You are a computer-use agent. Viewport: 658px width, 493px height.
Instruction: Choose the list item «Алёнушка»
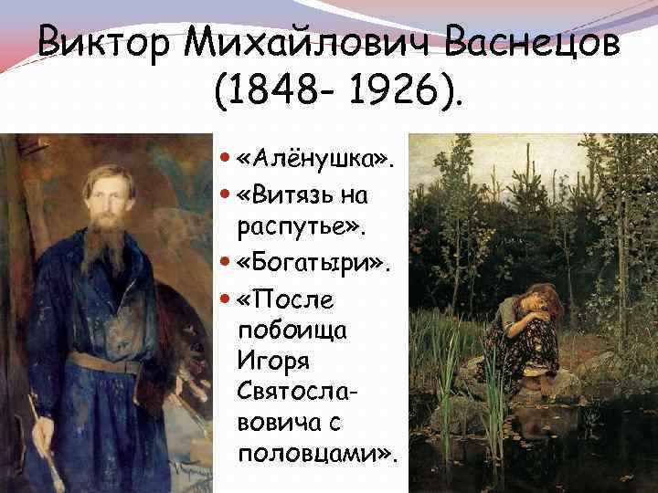(316, 162)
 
